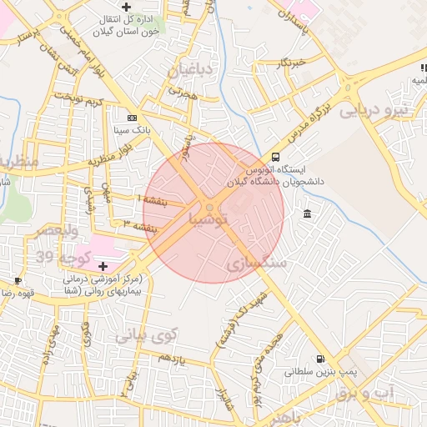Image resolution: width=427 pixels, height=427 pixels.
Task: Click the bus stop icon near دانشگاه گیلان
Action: pos(276,158)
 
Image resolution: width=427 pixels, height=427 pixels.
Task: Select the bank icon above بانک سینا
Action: pos(131,118)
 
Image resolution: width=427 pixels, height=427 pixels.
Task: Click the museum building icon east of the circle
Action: pos(308,215)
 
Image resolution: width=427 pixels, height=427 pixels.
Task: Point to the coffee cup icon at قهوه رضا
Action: pos(18,281)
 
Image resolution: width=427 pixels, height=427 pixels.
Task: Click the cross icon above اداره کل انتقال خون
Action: pos(126,8)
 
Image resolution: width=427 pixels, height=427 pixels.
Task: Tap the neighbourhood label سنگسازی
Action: pos(257,263)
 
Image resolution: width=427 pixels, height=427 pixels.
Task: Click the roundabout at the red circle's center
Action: pos(213,208)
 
